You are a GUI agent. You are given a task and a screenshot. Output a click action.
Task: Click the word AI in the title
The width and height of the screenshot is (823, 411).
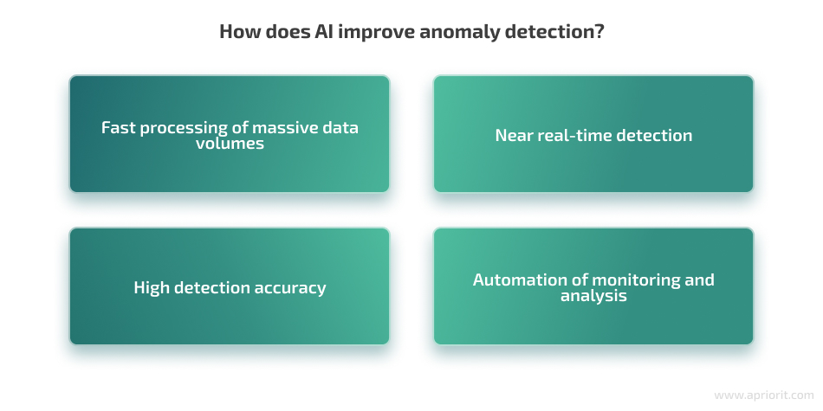click(x=324, y=31)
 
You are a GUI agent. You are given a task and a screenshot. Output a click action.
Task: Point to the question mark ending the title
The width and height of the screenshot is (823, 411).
click(x=600, y=31)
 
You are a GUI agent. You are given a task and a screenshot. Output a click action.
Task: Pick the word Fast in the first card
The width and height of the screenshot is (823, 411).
click(x=119, y=127)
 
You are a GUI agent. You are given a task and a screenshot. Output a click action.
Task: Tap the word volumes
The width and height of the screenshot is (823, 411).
click(x=230, y=143)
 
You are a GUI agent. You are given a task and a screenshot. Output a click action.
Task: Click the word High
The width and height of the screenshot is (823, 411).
click(x=152, y=288)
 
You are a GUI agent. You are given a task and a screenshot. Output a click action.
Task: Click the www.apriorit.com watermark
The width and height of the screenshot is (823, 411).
click(x=764, y=395)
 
